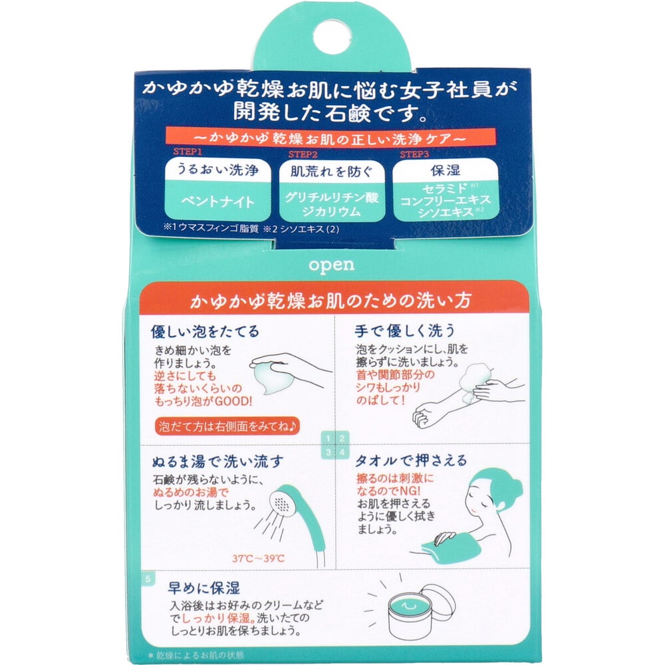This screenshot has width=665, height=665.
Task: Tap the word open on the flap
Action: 332,264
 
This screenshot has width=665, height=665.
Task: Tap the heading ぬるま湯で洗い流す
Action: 218,460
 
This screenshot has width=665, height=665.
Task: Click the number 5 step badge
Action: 148,577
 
